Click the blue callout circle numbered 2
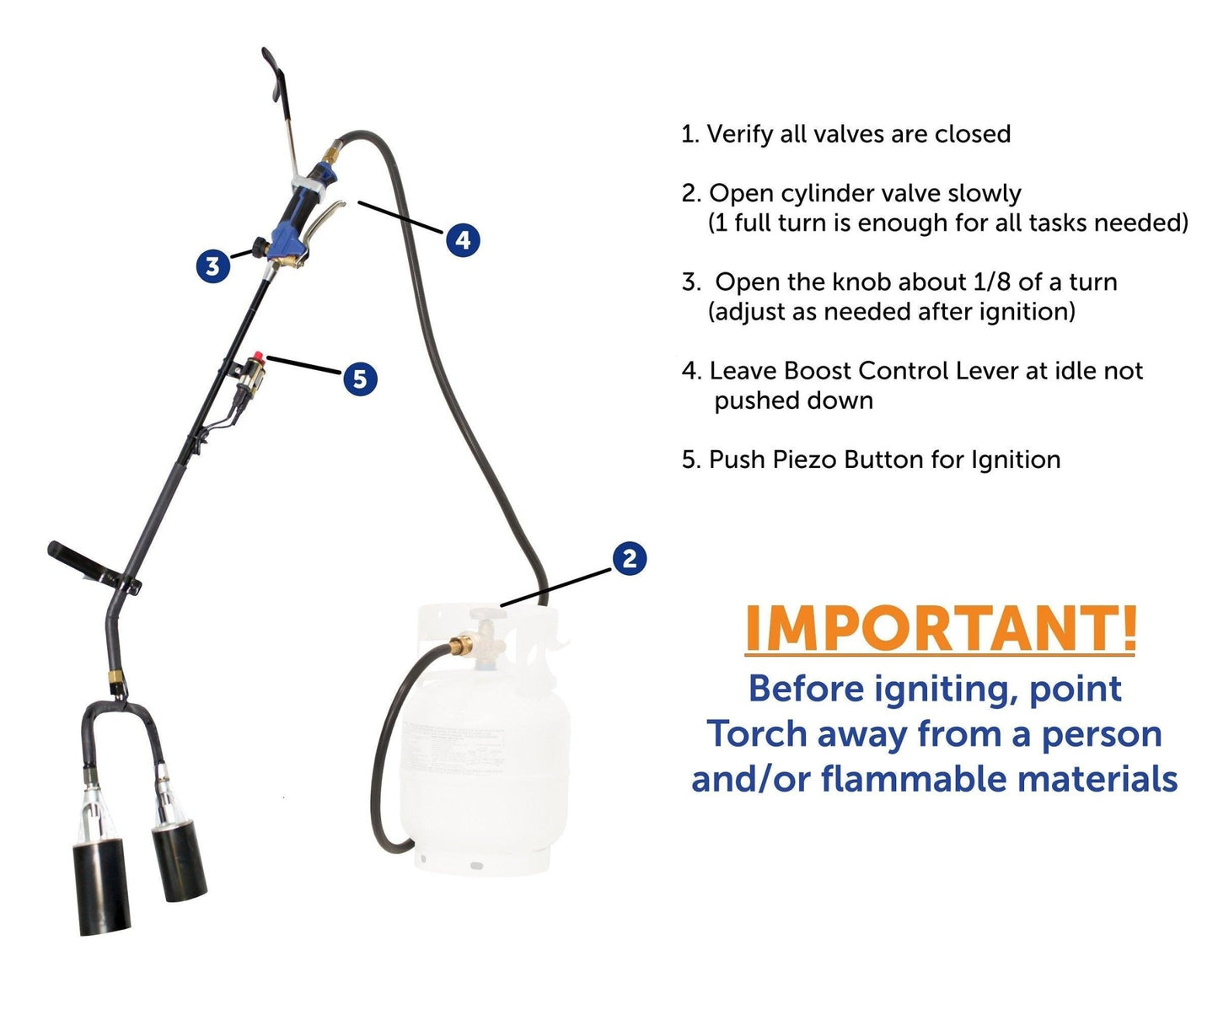[630, 559]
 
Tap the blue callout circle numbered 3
[213, 266]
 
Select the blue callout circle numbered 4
[463, 239]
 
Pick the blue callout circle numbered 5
[360, 379]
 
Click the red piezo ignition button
[258, 357]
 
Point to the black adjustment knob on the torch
[260, 247]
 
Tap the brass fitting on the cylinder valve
[461, 644]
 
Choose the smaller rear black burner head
[179, 861]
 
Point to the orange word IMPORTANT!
[941, 628]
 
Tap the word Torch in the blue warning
[757, 733]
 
